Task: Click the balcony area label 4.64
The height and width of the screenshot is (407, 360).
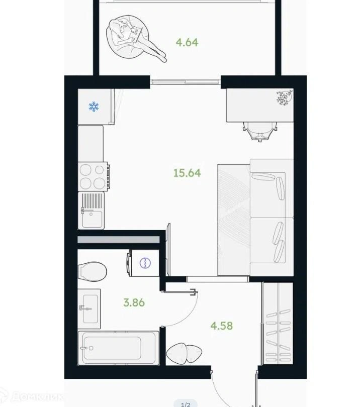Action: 187,42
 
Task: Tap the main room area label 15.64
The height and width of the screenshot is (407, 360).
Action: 187,173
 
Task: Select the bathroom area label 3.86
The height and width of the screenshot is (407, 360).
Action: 134,302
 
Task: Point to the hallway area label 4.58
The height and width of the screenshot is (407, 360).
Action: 222,326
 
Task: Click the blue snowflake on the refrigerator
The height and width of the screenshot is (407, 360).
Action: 94,107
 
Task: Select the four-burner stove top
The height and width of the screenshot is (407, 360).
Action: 93,176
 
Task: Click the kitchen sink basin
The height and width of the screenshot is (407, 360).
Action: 92,219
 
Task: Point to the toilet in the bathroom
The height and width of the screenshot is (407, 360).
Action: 92,271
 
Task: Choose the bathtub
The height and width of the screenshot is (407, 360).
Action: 119,348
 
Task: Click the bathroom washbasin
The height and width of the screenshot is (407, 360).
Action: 89,309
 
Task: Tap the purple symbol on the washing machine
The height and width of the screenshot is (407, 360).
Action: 145,263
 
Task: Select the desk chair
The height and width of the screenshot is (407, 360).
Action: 260,131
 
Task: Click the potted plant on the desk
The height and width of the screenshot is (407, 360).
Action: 285,98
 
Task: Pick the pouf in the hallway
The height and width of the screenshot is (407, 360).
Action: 184,353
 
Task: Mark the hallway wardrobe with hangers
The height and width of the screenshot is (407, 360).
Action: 278,324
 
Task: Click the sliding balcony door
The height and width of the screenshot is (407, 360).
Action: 186,82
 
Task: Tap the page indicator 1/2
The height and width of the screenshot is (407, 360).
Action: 186,404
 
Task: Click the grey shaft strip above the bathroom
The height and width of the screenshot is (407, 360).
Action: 119,240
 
